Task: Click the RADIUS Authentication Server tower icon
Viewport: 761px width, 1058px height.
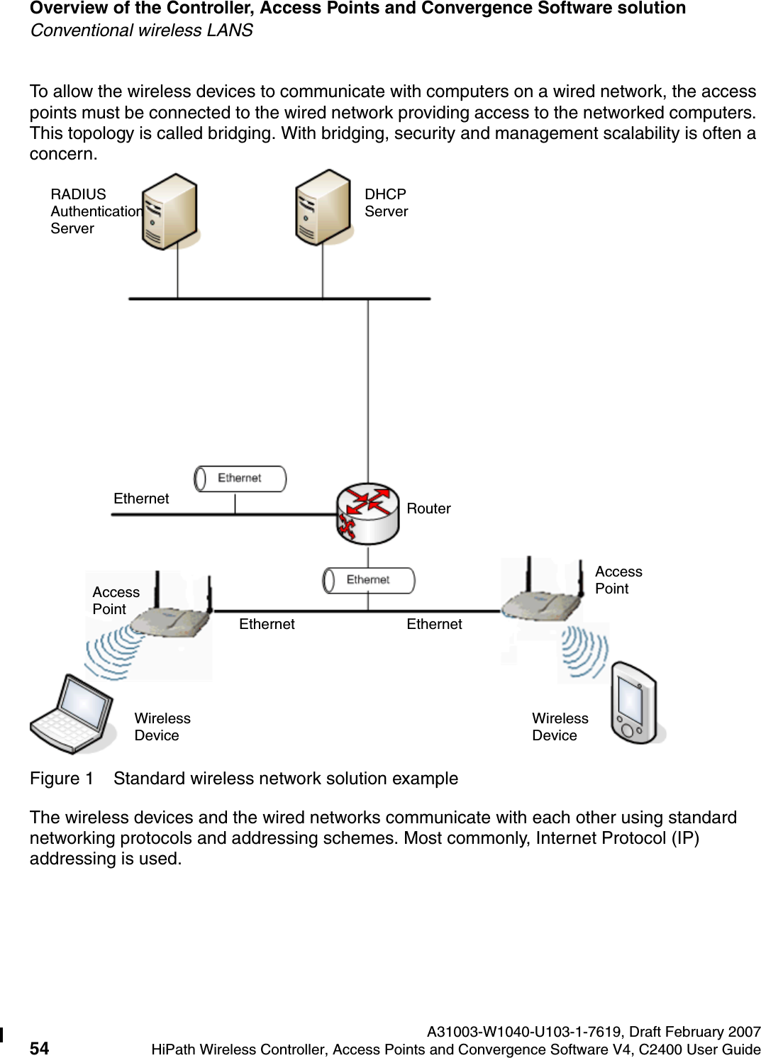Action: (x=170, y=211)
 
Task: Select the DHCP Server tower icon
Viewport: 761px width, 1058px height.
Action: (x=323, y=207)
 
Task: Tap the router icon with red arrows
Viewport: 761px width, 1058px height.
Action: (x=367, y=513)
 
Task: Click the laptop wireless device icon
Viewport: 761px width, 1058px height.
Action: (x=73, y=715)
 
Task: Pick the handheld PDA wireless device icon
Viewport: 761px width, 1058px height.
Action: (x=634, y=703)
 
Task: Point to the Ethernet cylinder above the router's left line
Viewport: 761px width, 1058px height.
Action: (x=240, y=479)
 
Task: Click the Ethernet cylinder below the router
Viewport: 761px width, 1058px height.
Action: (x=368, y=580)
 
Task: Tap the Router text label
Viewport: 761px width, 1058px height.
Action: (x=428, y=508)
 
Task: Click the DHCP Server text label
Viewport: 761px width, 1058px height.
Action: (x=386, y=203)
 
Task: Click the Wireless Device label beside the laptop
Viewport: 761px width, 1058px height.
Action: (x=162, y=727)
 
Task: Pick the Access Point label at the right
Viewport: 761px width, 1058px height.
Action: (x=618, y=580)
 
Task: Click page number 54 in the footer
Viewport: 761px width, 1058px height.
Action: (x=40, y=1049)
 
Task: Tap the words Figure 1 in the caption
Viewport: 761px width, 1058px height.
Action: (x=61, y=779)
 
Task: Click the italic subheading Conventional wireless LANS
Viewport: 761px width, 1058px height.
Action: (x=141, y=30)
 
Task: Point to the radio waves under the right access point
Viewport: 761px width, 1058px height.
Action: (x=584, y=651)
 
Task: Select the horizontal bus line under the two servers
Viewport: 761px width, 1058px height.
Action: (x=279, y=299)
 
